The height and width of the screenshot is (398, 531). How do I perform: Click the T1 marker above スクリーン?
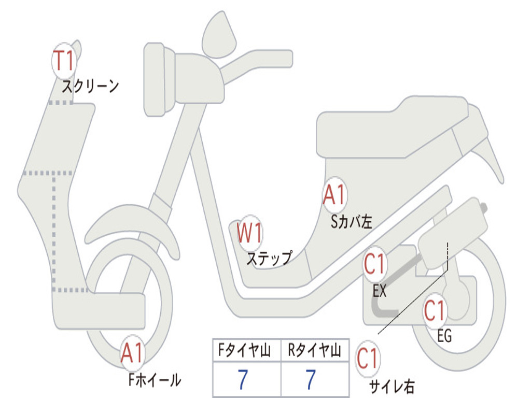pos(64,61)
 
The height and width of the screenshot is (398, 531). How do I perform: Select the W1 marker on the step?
pos(250,233)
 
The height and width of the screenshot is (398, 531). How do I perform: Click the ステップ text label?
pos(269,258)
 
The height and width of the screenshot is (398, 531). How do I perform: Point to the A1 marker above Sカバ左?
pos(334,195)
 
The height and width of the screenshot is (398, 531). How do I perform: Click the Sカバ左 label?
pos(352,222)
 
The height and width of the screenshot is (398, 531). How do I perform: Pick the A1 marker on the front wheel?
pos(132,354)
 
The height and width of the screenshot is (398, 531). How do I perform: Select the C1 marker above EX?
pos(375,265)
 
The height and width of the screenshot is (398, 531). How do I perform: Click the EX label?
pos(380,291)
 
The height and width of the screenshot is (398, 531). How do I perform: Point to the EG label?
pos(444,336)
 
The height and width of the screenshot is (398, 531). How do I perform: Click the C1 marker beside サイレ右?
pos(368,359)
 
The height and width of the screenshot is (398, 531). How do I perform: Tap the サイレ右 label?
pos(392,386)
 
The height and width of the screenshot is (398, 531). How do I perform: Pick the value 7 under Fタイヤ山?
pos(242,380)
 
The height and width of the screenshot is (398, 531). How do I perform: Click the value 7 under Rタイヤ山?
pos(311,380)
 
